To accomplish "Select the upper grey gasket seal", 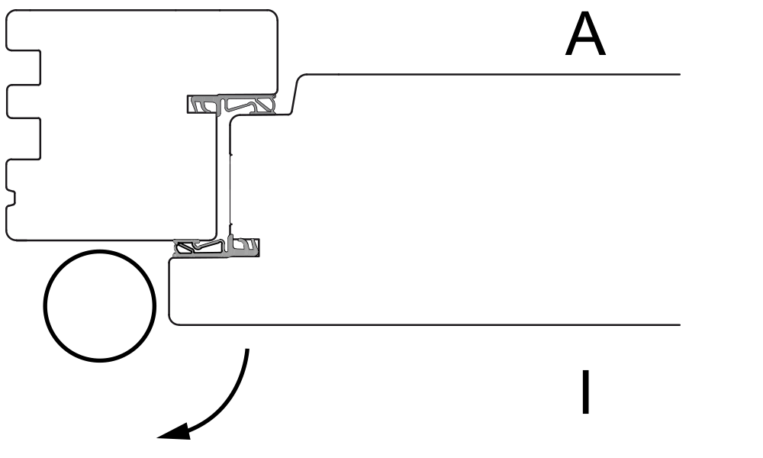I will [x=231, y=104].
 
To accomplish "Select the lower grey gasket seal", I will [x=216, y=248].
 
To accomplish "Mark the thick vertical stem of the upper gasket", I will [x=221, y=106].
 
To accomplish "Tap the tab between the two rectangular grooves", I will [x=23, y=102].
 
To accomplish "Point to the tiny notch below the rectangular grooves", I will [x=11, y=198].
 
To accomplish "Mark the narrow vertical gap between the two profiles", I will [x=222, y=176].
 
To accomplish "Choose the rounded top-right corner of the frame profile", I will [x=272, y=15].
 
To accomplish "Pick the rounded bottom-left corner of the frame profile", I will [x=11, y=236].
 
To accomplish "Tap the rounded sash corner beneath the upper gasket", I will [x=233, y=120].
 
